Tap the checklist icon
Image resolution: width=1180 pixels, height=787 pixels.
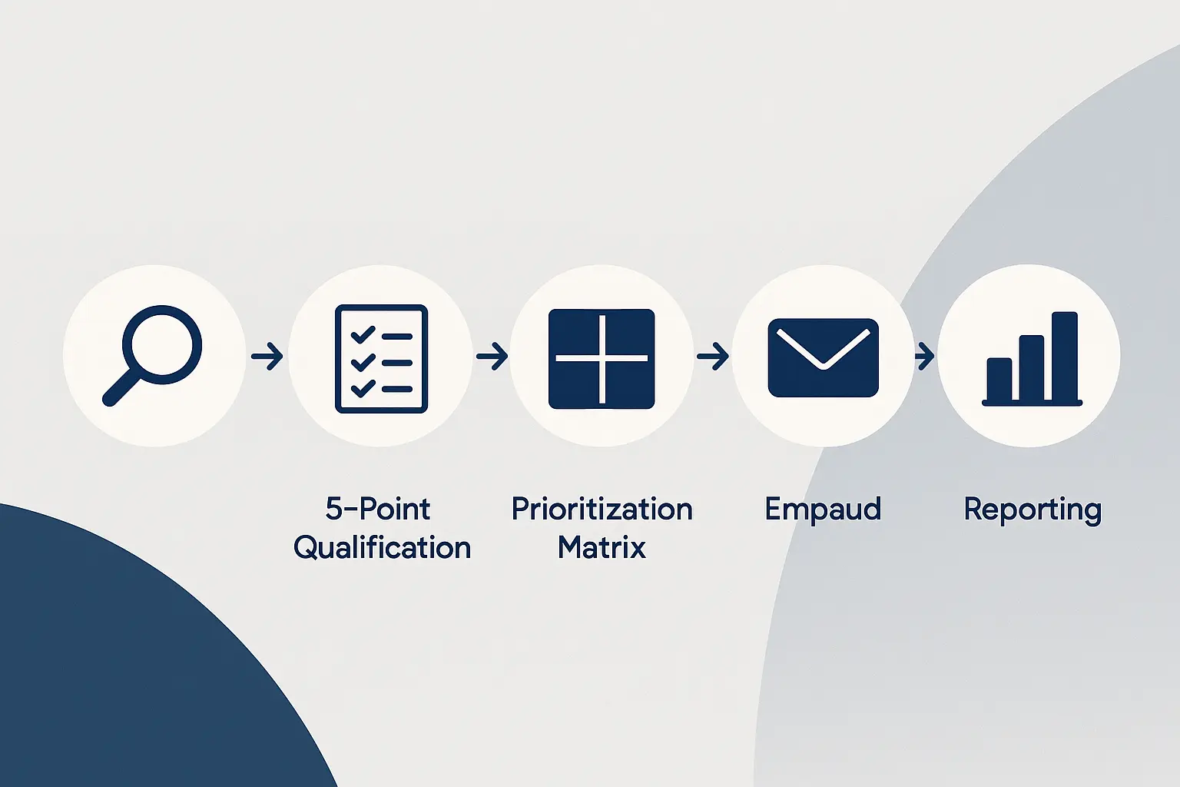[x=381, y=358]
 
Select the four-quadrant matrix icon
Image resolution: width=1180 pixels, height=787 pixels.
[x=602, y=358]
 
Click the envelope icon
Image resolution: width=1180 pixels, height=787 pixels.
[x=823, y=357]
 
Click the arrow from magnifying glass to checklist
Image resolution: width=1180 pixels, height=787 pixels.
[x=267, y=356]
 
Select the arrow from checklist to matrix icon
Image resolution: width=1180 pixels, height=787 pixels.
[x=492, y=356]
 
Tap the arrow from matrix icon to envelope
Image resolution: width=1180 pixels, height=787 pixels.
[x=712, y=356]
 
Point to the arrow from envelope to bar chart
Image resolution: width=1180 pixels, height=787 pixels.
[x=924, y=356]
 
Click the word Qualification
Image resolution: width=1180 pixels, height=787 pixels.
[x=382, y=548]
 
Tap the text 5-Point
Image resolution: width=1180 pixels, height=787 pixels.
[x=378, y=509]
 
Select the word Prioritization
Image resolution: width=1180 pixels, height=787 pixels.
[x=602, y=509]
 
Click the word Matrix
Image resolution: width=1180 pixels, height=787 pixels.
[x=602, y=548]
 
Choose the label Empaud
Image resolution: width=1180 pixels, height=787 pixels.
[x=823, y=509]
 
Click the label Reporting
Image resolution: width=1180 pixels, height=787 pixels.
[x=1032, y=510]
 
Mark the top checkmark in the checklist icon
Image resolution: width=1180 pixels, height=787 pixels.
[x=362, y=334]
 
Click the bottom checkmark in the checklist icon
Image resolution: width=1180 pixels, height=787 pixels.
[x=362, y=387]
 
